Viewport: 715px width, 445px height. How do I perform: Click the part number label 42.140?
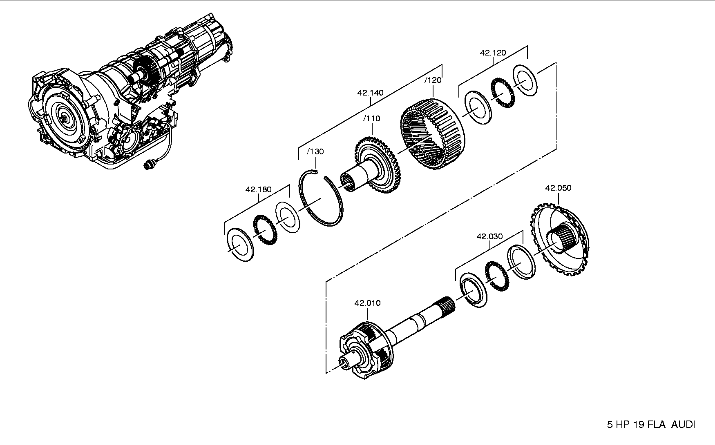click(x=370, y=93)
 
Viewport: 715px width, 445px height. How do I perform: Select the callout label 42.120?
click(x=493, y=53)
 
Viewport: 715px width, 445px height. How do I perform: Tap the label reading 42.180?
click(x=258, y=189)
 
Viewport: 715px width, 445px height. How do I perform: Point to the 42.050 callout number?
click(x=558, y=188)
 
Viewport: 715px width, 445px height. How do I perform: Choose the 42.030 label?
click(x=489, y=236)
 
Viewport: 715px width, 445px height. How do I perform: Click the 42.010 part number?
click(x=367, y=303)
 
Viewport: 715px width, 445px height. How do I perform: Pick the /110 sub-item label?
click(x=371, y=118)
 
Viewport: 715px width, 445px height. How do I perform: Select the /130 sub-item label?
click(x=315, y=151)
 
